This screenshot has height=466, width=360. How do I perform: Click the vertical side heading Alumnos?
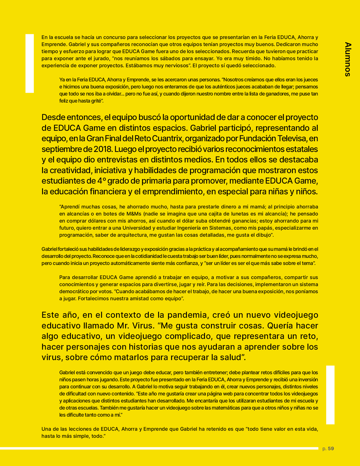click(x=348, y=59)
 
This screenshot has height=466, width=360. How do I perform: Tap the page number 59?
click(x=331, y=448)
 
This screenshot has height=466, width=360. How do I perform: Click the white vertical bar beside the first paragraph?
click(x=30, y=63)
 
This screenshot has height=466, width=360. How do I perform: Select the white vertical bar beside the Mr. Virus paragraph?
click(x=330, y=395)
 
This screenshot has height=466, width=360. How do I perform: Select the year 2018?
click(x=103, y=149)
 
